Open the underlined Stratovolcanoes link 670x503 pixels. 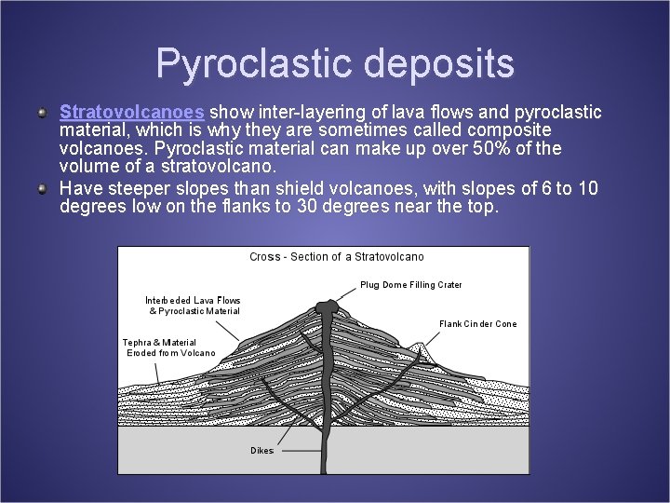131,112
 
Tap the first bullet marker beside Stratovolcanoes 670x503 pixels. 43,113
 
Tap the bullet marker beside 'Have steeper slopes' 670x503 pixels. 43,188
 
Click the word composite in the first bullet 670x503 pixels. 506,130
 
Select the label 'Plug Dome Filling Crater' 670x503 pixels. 410,285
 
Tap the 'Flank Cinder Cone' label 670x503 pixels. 477,324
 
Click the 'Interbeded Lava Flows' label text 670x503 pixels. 193,301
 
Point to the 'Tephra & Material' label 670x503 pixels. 159,343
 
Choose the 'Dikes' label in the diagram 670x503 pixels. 261,451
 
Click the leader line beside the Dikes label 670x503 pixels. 298,450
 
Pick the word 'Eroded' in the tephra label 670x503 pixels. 142,353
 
